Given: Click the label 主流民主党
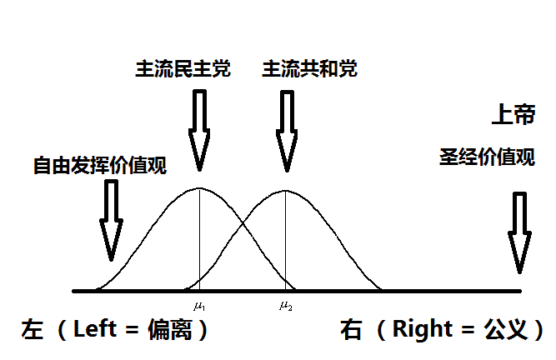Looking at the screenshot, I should point(183,69).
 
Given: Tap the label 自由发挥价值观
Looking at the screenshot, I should point(100,164).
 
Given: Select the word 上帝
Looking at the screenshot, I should point(513,116).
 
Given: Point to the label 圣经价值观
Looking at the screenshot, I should point(487,157).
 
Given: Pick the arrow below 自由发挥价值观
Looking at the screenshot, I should point(110,220).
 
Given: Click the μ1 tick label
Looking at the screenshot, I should point(199,303).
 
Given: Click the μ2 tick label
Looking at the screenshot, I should point(286,303).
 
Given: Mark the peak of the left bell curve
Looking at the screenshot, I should point(199,187).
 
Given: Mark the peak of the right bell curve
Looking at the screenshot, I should point(286,190).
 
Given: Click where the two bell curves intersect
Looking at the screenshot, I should point(243,222).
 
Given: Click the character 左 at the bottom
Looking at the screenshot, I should point(33,330).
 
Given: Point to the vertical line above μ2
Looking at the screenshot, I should point(286,242).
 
